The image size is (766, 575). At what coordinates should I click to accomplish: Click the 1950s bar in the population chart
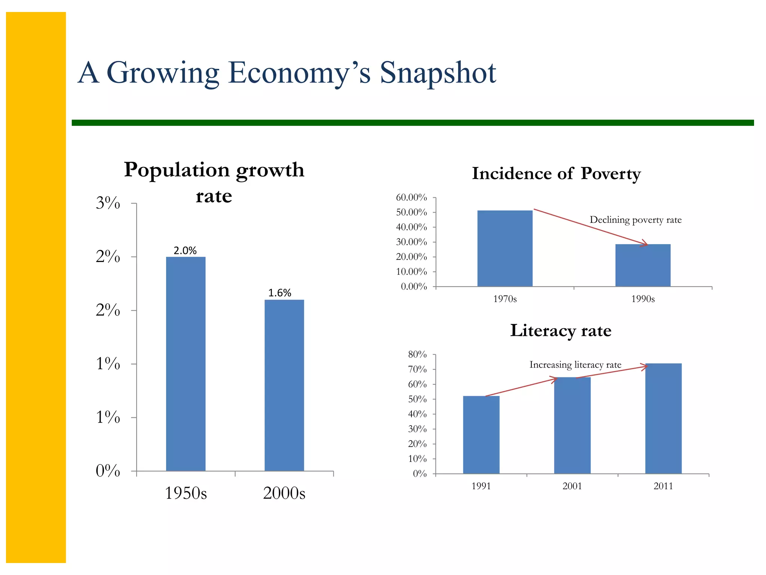186,363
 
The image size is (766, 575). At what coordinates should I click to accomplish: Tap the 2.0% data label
185,250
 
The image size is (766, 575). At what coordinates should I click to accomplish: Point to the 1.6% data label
280,293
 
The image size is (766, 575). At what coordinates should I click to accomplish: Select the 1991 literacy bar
481,435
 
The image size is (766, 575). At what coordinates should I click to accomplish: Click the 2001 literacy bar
572,425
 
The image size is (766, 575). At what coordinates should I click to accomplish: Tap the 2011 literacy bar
663,418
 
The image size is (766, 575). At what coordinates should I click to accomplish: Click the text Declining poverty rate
635,220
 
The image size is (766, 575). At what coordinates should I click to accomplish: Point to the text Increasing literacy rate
575,365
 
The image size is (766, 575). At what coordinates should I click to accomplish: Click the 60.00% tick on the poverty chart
411,197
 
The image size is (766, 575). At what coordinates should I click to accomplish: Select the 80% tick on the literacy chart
417,354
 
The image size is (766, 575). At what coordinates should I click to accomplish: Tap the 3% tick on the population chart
108,203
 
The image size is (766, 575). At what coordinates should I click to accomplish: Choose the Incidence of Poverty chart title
556,174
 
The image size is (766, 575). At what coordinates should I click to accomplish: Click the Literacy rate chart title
560,331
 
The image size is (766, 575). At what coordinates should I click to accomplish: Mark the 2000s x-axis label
284,493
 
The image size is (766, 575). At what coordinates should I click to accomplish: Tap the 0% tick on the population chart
108,471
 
